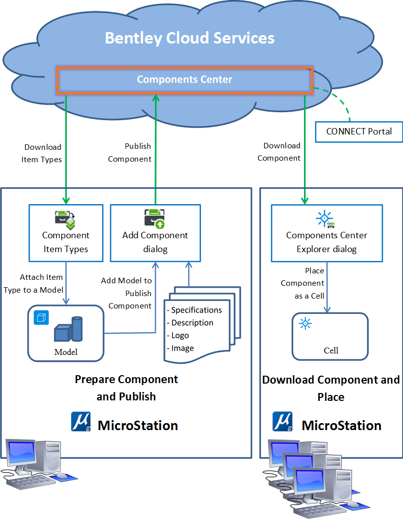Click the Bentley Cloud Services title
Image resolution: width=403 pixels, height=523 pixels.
pyautogui.click(x=190, y=38)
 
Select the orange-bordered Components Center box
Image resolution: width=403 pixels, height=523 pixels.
pyautogui.click(x=185, y=80)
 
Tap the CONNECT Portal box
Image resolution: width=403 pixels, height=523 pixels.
pyautogui.click(x=359, y=131)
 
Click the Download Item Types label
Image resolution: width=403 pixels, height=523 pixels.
pyautogui.click(x=42, y=153)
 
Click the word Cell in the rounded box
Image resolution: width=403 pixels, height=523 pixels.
pyautogui.click(x=331, y=350)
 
